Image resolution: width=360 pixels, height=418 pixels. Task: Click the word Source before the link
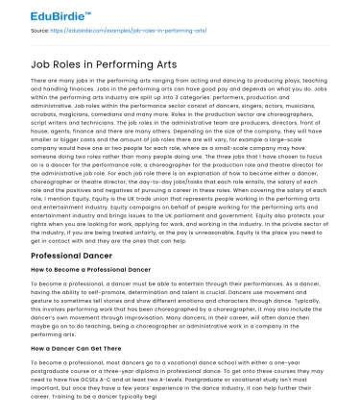[39, 32]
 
